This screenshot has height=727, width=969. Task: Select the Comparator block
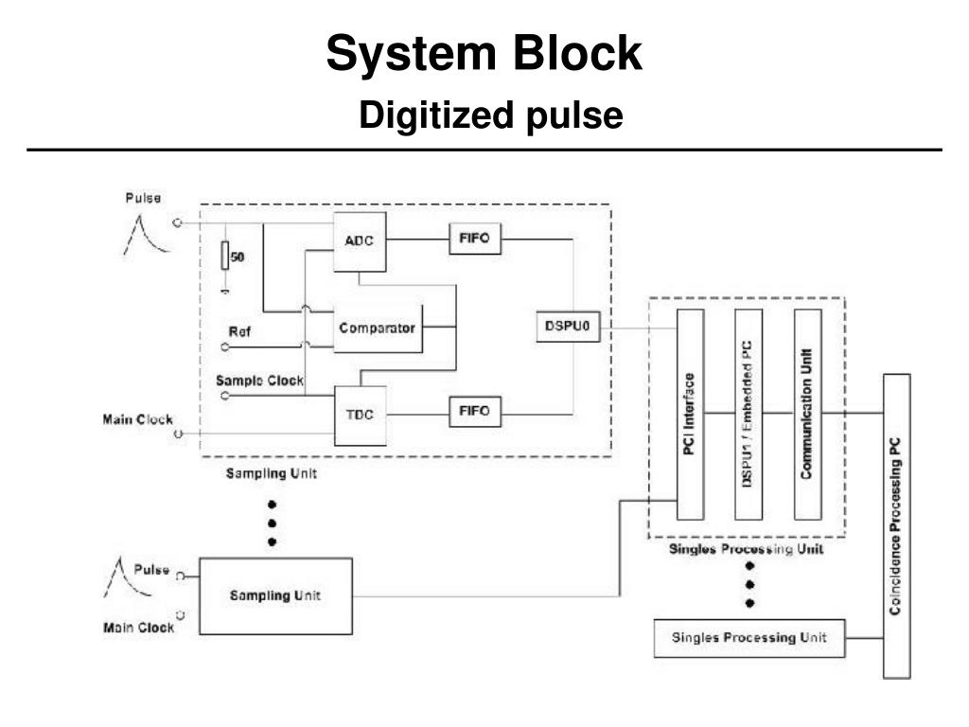[378, 328]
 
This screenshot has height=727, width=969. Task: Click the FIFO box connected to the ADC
[474, 239]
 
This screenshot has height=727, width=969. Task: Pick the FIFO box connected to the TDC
[474, 412]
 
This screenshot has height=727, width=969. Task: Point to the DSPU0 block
[568, 327]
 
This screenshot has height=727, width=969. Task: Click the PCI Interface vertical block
[690, 414]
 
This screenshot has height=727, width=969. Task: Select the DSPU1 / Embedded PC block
[748, 414]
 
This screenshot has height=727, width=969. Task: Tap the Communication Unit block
[806, 414]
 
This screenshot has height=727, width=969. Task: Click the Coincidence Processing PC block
[896, 525]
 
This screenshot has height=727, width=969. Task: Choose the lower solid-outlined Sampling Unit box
[275, 595]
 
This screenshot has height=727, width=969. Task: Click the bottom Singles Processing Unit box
[748, 637]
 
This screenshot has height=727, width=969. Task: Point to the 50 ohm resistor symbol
[225, 256]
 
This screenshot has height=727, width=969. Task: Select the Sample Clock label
[259, 381]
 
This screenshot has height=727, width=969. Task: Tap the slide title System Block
[484, 54]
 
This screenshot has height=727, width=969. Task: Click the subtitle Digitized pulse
[490, 115]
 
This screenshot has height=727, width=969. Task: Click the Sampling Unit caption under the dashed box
[271, 474]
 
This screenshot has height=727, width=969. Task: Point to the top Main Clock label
[137, 420]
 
